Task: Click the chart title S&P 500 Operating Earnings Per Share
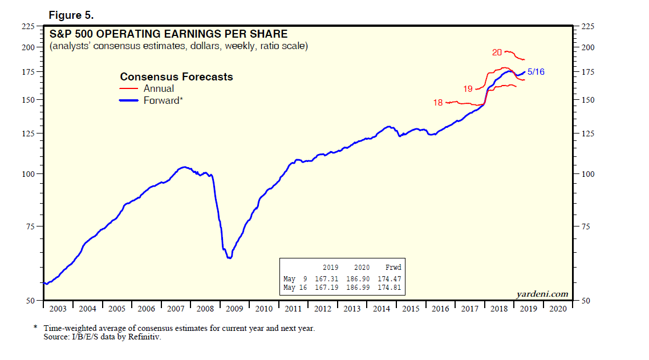(168, 34)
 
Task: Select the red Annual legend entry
(159, 88)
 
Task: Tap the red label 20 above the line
(497, 52)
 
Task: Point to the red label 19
(468, 89)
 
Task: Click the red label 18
(438, 103)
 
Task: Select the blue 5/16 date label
(536, 72)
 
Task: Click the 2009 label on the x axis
(234, 309)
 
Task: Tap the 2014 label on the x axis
(382, 309)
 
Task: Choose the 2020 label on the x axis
(557, 309)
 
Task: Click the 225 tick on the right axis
(587, 26)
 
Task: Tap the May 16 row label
(296, 287)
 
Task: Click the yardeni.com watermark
(542, 294)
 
